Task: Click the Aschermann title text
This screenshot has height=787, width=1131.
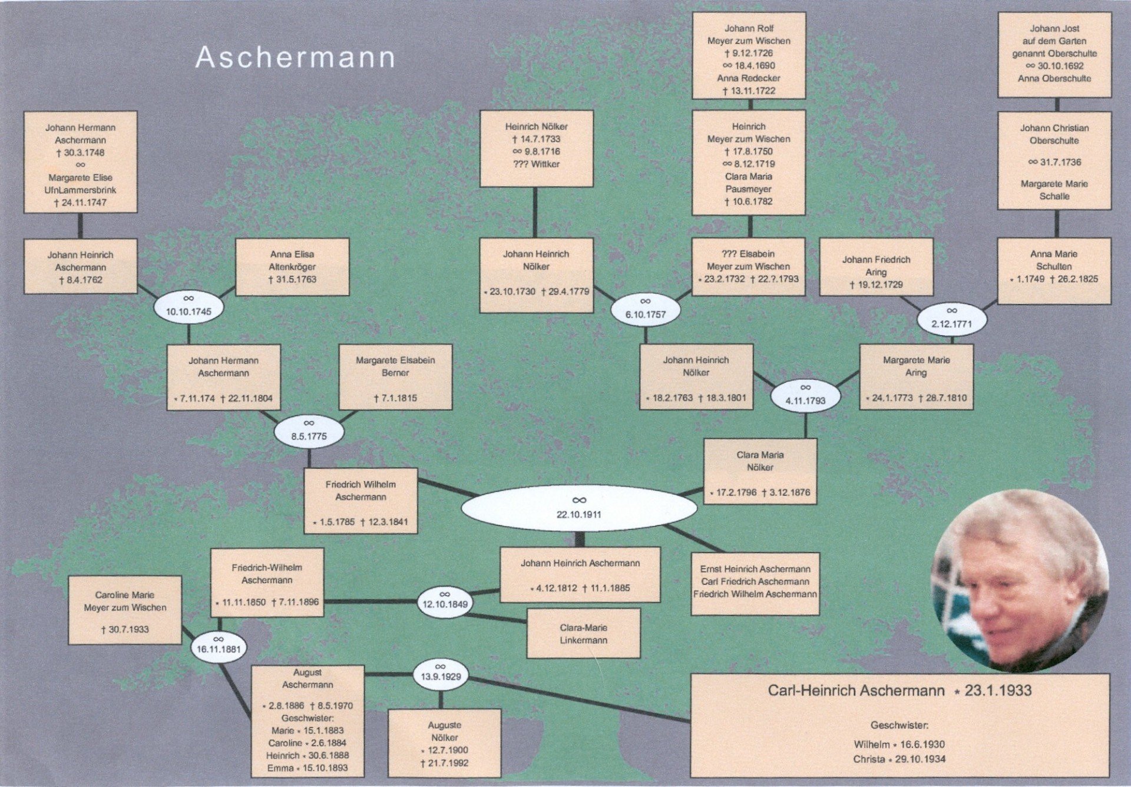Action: tap(295, 58)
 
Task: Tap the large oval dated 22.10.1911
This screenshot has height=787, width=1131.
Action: tap(578, 508)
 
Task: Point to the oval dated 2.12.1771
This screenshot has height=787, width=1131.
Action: tap(951, 319)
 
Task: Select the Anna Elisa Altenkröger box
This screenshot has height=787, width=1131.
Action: tap(292, 267)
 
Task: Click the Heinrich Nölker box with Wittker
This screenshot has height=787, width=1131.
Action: tap(536, 149)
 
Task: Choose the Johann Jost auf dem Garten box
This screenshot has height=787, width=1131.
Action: tap(1054, 54)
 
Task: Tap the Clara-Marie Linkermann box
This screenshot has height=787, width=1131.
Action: tap(583, 634)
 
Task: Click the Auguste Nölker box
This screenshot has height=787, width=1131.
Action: tap(444, 743)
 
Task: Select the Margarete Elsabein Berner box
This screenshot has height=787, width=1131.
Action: tap(395, 377)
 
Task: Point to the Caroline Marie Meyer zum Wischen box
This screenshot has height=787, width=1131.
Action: tap(125, 610)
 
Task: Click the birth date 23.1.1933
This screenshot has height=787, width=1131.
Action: tap(998, 690)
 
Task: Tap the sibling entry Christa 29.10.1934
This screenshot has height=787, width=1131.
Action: tap(899, 759)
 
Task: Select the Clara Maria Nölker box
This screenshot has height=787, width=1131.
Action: tap(760, 471)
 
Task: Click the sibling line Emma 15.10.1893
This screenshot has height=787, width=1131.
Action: tap(307, 768)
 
